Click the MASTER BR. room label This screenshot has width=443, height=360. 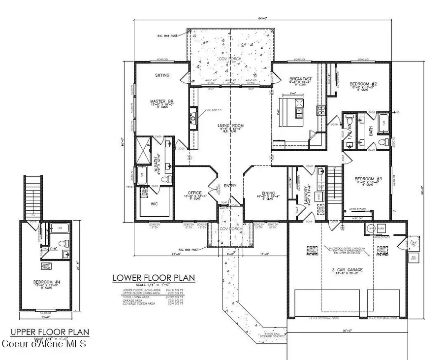point(162,102)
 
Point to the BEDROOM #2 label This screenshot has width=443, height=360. point(363,84)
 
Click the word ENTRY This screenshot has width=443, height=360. point(230,186)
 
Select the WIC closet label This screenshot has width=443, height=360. point(154,203)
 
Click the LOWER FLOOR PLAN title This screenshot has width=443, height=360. point(154,278)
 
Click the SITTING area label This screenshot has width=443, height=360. point(162,75)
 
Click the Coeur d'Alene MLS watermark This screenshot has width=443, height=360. point(44,342)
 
